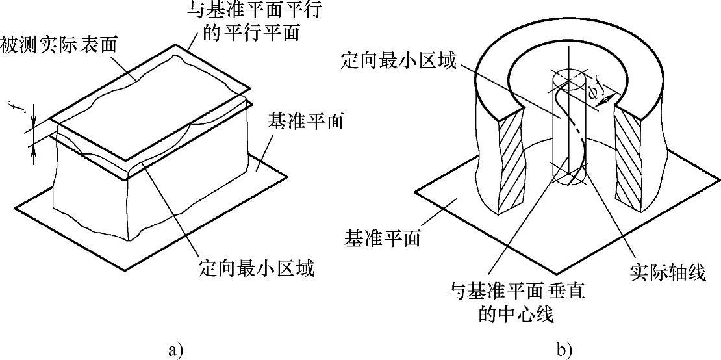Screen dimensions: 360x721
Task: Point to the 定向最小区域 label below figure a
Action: point(256,268)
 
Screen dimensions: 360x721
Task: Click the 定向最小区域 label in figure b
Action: point(399,62)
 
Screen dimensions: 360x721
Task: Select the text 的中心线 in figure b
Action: point(516,315)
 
